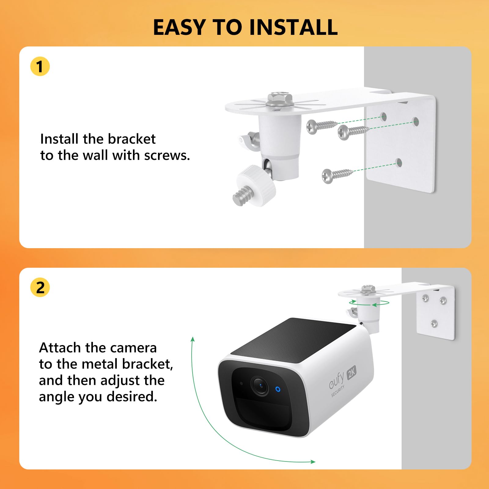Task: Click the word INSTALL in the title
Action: (x=293, y=28)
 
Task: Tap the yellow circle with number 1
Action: (x=40, y=66)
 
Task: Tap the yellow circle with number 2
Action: (x=40, y=287)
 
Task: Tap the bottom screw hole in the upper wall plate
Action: (x=398, y=163)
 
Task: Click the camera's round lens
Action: (x=260, y=386)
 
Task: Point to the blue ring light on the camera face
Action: (x=278, y=389)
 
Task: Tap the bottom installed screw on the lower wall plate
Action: (x=434, y=323)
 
